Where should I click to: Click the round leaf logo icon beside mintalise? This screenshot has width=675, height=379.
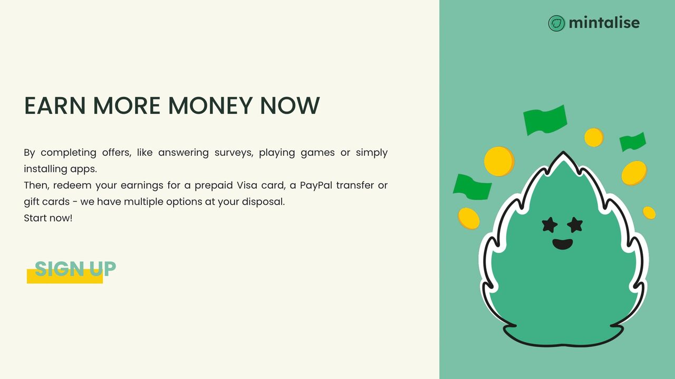pyautogui.click(x=556, y=23)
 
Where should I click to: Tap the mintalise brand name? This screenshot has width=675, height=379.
pyautogui.click(x=604, y=23)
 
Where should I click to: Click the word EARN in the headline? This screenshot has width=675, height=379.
pyautogui.click(x=55, y=106)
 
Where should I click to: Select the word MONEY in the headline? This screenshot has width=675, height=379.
pyautogui.click(x=210, y=106)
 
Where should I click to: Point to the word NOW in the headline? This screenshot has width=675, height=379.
pyautogui.click(x=290, y=106)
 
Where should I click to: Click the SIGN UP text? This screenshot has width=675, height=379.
pyautogui.click(x=75, y=268)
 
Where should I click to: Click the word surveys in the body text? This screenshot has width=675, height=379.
pyautogui.click(x=234, y=153)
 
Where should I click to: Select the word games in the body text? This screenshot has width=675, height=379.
pyautogui.click(x=317, y=153)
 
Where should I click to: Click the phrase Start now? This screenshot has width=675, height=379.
pyautogui.click(x=48, y=218)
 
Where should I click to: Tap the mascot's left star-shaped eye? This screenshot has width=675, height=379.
pyautogui.click(x=549, y=224)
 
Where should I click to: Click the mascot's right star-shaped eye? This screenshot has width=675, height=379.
pyautogui.click(x=575, y=224)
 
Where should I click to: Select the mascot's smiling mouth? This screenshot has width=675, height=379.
pyautogui.click(x=563, y=244)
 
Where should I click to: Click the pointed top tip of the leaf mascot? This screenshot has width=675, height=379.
pyautogui.click(x=563, y=152)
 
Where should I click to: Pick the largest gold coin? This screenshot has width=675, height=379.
pyautogui.click(x=499, y=161)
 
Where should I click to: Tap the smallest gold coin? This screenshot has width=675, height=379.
pyautogui.click(x=649, y=213)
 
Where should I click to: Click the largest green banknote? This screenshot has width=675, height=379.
pyautogui.click(x=545, y=120)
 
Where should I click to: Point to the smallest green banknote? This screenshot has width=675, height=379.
pyautogui.click(x=633, y=142)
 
